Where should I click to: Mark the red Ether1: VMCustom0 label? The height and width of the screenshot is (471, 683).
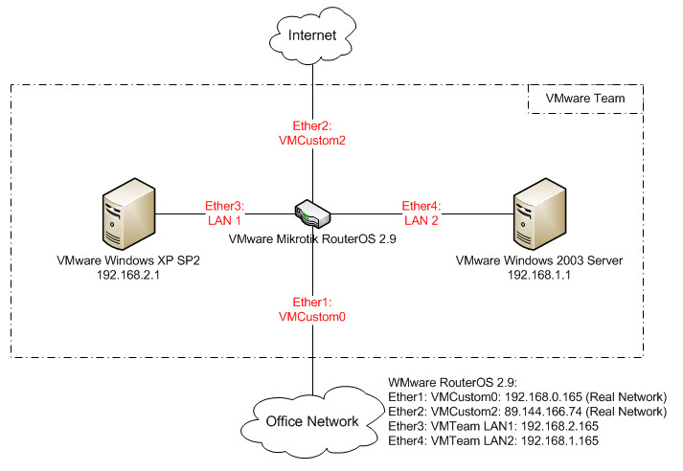coord(314,308)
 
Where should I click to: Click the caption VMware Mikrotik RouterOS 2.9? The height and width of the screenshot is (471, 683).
coord(314,240)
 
